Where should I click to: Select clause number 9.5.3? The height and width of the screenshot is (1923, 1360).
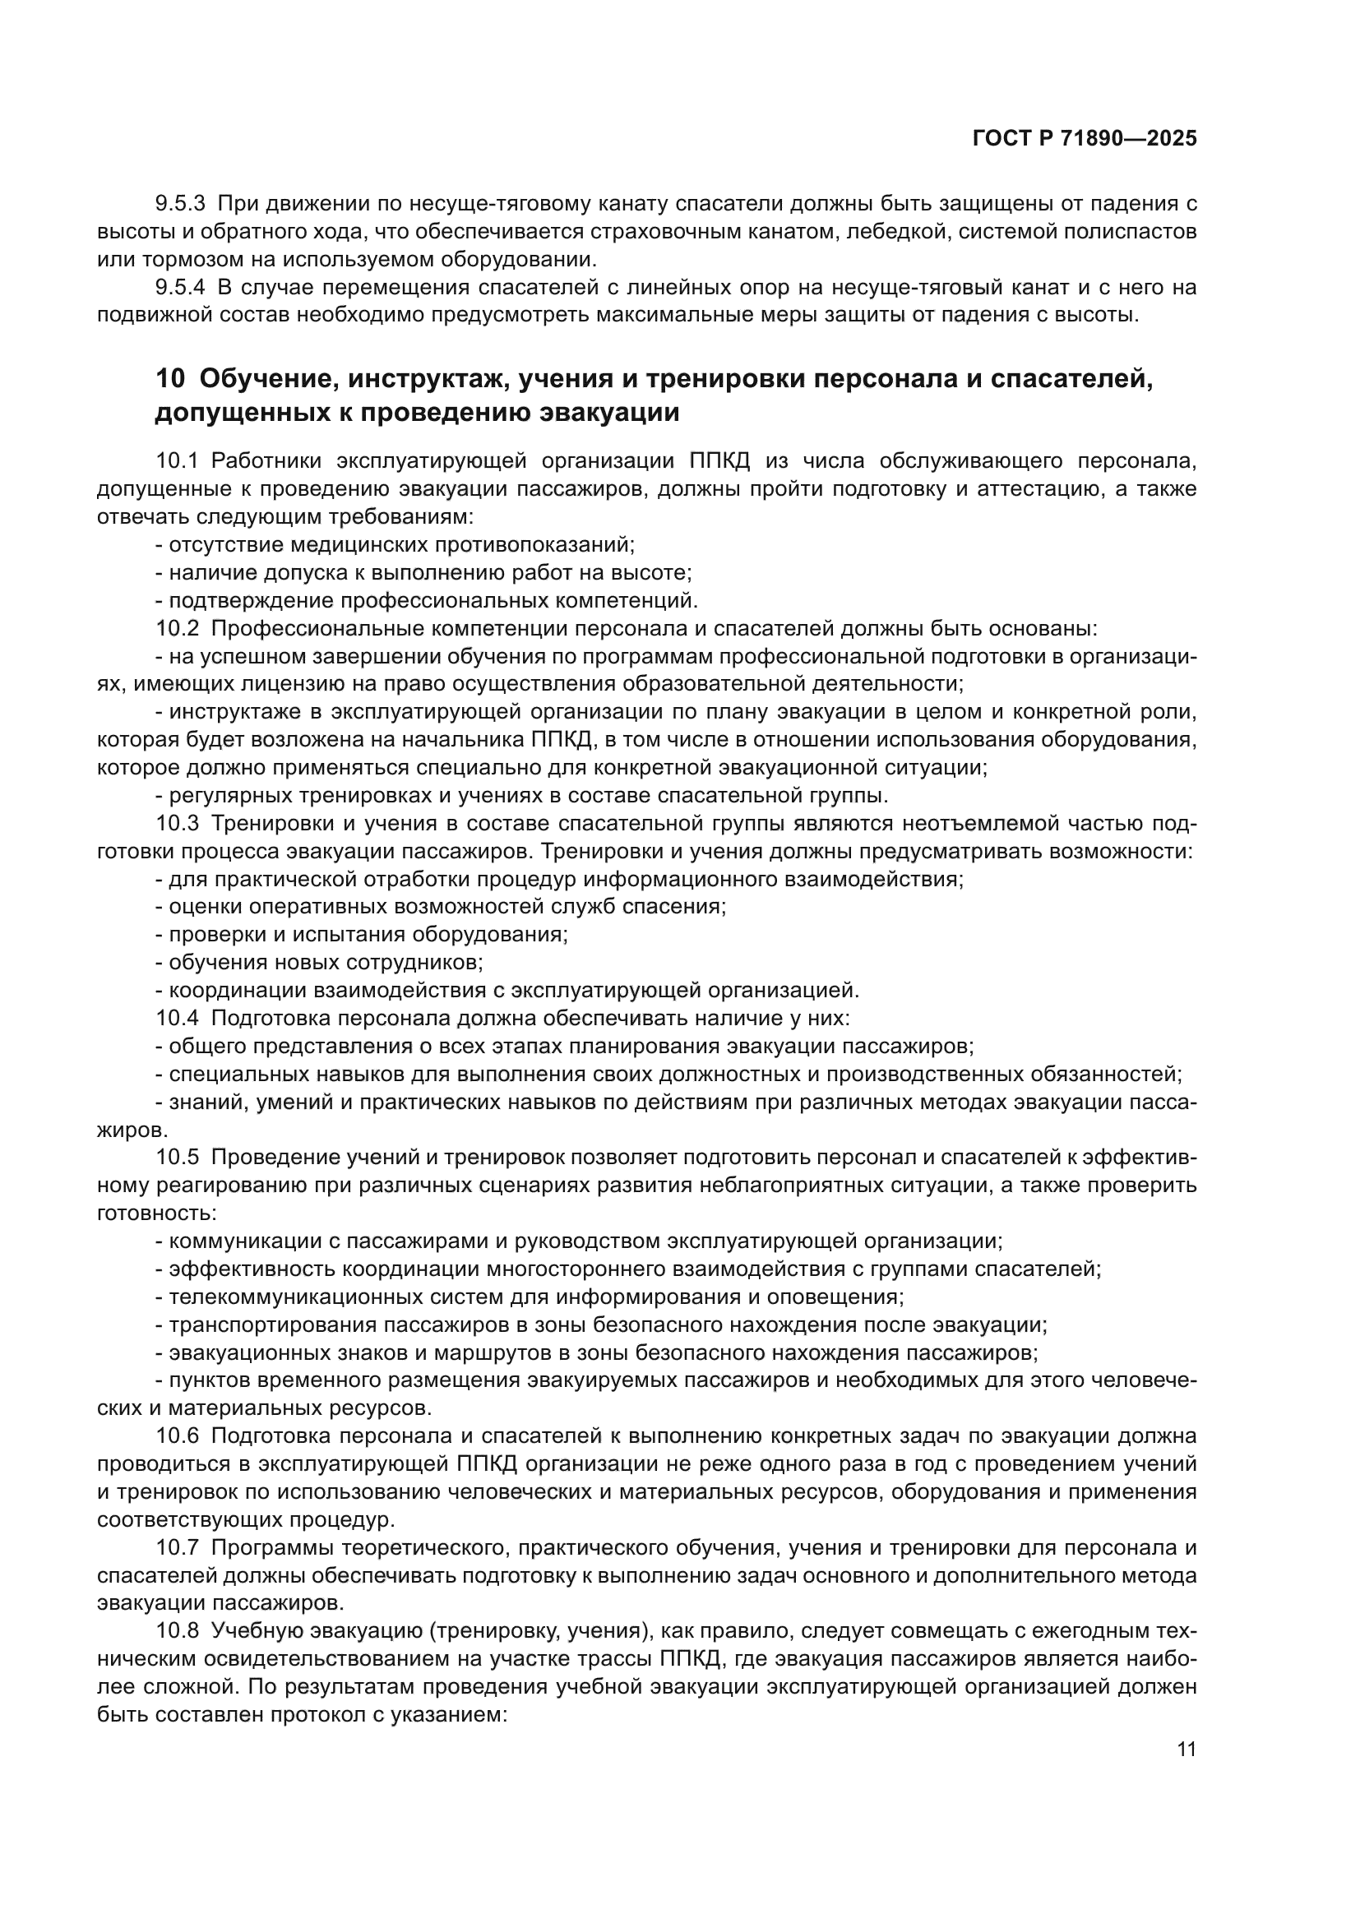tap(180, 204)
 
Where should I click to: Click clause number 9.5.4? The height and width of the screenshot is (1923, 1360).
tap(180, 287)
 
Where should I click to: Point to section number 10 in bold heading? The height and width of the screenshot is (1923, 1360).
tap(170, 378)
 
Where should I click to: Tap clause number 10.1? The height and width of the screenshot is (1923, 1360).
tap(177, 461)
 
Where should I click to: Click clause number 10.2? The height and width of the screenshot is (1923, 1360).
tap(178, 628)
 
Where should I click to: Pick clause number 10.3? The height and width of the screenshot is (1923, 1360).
tap(178, 823)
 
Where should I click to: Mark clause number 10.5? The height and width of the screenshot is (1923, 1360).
tap(178, 1158)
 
